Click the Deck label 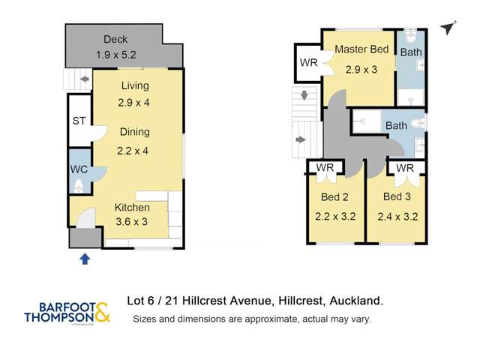(x=115, y=39)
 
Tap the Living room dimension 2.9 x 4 (x=134, y=102)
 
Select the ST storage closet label (x=79, y=121)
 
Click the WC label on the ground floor (x=79, y=169)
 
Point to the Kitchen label (x=132, y=207)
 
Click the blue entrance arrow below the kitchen (x=85, y=259)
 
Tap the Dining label (x=134, y=132)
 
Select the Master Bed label (x=361, y=49)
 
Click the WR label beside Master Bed (x=308, y=63)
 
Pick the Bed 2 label (x=335, y=197)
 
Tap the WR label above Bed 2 (x=324, y=167)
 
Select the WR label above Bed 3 (x=405, y=168)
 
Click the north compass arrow (x=448, y=28)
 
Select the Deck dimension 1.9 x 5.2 (x=116, y=55)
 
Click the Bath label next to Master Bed (x=410, y=52)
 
